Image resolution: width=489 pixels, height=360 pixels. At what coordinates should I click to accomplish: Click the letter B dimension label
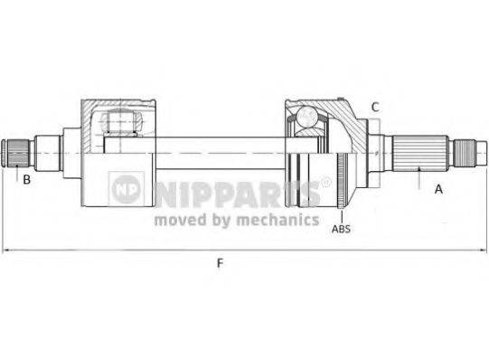(x=27, y=179)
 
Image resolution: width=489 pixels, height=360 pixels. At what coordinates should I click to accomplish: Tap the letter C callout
(x=375, y=107)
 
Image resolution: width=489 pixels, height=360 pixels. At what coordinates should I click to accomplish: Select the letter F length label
(x=220, y=263)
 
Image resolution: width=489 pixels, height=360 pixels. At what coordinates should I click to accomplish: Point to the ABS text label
(x=341, y=229)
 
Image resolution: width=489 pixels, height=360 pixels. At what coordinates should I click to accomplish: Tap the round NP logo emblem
(x=126, y=188)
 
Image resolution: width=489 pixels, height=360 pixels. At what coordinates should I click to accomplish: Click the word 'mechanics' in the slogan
(x=283, y=219)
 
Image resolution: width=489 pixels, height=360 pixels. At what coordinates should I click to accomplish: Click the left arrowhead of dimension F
(x=7, y=250)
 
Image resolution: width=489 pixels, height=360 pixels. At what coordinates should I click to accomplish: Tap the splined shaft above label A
(x=421, y=151)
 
